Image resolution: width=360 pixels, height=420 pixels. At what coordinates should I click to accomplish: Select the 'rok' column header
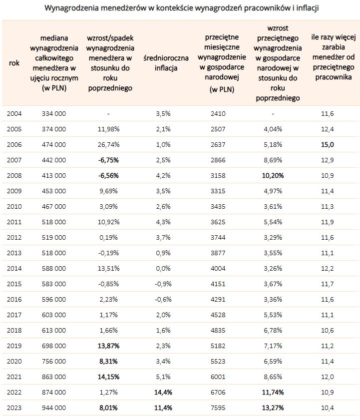(x=14, y=63)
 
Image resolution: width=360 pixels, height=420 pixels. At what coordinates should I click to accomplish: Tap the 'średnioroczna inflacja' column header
(x=166, y=63)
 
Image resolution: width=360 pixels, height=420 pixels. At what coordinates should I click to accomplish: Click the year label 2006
(x=14, y=145)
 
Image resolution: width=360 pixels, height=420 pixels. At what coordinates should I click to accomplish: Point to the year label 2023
(x=14, y=408)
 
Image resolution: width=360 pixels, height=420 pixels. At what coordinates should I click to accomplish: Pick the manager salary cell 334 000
(x=54, y=113)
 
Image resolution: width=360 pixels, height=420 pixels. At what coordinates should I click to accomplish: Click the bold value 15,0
(x=328, y=145)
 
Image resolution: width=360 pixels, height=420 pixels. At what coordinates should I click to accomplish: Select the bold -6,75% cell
(x=108, y=160)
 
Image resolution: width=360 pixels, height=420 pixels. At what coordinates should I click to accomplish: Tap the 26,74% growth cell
(x=108, y=145)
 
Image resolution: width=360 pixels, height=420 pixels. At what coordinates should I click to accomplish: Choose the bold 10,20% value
(x=273, y=176)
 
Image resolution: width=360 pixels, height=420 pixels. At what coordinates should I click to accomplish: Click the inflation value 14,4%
(x=163, y=393)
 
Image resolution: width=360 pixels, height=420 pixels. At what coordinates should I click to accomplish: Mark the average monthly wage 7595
(x=218, y=408)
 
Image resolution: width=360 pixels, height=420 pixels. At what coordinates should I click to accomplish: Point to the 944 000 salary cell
(x=54, y=408)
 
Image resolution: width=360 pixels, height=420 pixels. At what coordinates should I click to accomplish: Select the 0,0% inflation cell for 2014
(x=163, y=268)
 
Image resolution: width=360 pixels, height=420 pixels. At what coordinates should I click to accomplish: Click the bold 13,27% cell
(x=273, y=408)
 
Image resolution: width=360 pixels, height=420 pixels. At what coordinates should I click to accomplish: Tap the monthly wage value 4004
(x=218, y=268)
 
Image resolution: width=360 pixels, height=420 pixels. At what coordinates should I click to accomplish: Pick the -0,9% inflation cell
(x=163, y=284)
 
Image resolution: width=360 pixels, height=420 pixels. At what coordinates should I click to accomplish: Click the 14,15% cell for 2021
(x=108, y=377)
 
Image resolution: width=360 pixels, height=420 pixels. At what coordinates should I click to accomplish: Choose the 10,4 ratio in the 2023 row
(x=328, y=408)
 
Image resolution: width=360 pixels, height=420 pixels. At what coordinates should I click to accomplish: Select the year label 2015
(x=14, y=284)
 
